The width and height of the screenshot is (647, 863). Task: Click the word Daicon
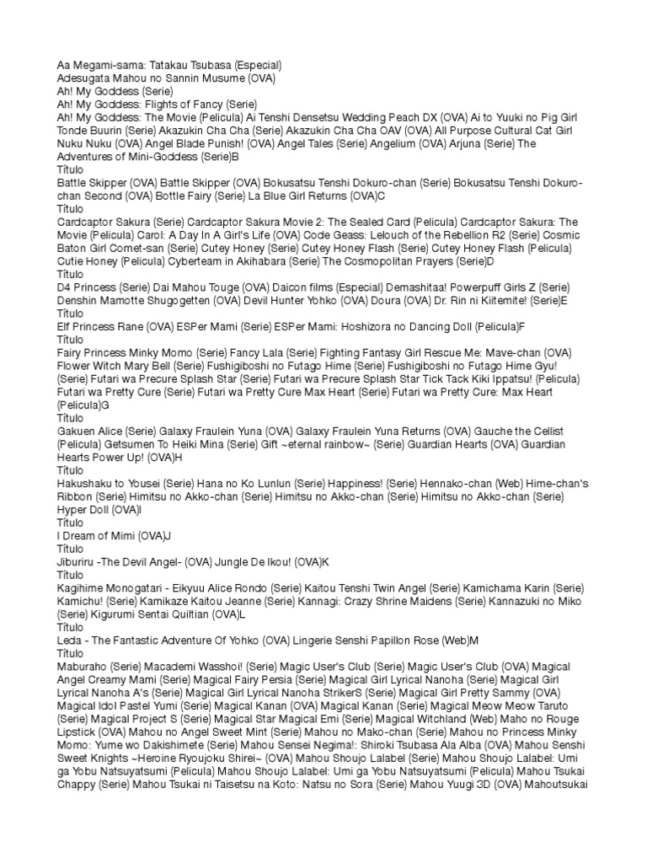[247, 288]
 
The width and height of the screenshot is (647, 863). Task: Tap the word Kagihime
[83, 588]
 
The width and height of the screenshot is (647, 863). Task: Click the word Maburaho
[83, 667]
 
